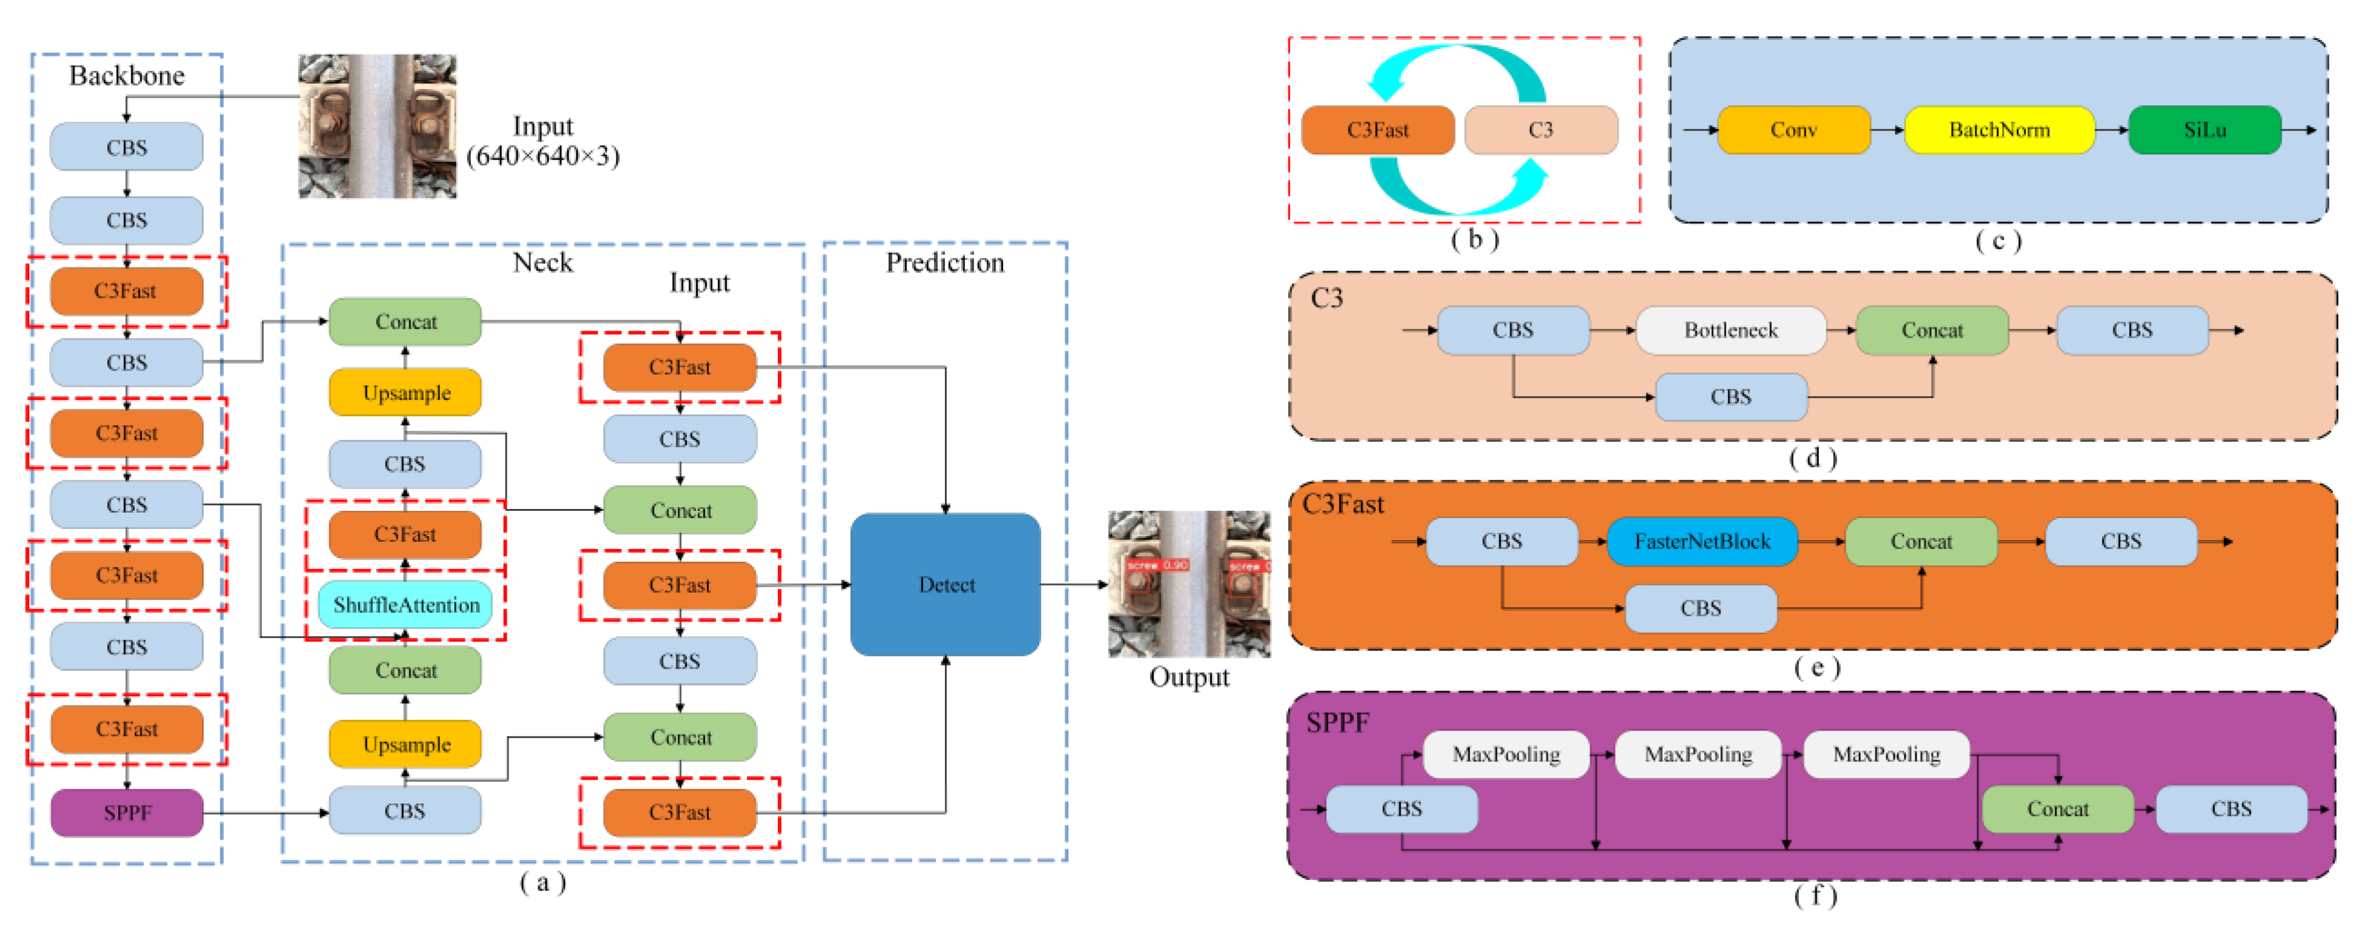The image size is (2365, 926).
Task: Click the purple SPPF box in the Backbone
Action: coord(127,812)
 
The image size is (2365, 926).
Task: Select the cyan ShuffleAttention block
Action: coord(406,605)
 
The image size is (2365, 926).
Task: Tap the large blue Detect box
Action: coord(946,585)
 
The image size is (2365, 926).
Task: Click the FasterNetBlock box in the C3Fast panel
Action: coord(1701,542)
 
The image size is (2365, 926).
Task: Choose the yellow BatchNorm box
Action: coord(1999,130)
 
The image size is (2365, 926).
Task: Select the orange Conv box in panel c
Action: coord(1793,130)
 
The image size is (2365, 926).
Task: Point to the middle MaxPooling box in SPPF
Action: coord(1697,754)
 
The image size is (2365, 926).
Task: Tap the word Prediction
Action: coord(945,263)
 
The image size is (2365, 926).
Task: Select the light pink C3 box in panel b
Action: coord(1541,130)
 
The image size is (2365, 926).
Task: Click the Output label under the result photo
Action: coord(1189,677)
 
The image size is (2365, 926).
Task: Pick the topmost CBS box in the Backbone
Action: coord(127,147)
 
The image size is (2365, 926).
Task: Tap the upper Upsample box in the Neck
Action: coord(406,393)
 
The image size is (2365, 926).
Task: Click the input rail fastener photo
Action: coord(377,126)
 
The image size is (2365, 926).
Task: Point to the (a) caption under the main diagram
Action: coord(542,883)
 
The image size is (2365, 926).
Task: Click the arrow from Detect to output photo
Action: coord(1074,585)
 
